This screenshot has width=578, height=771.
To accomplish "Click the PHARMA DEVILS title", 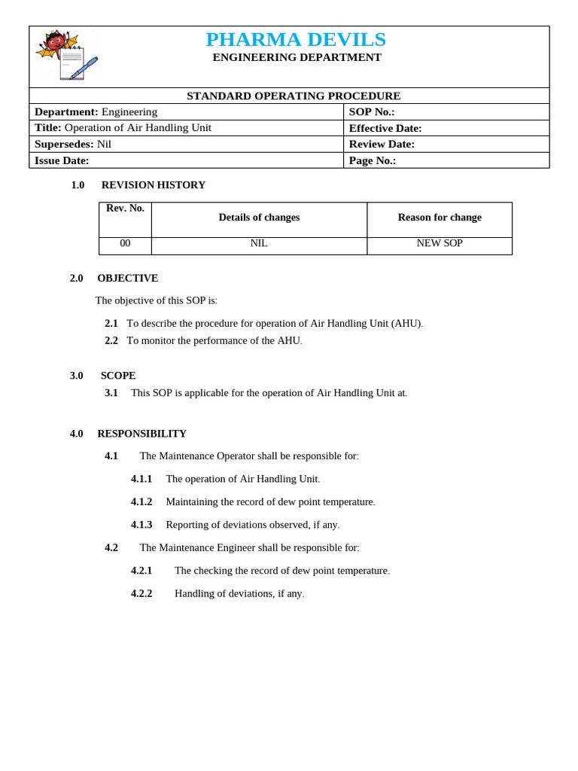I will tap(295, 39).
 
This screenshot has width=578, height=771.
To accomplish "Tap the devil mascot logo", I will tap(66, 55).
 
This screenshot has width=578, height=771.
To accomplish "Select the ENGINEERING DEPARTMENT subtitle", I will tap(297, 58).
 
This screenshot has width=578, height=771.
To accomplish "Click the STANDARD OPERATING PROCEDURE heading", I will tap(294, 96).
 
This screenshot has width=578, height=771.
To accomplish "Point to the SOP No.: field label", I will tap(372, 112).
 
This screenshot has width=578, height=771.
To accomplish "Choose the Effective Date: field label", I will tap(385, 129).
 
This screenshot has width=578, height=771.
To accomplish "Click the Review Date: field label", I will tap(382, 145).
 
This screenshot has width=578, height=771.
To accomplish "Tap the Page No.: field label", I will tap(373, 160).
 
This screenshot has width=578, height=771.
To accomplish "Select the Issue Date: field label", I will tap(62, 160).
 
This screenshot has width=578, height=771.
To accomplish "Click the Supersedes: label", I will tap(64, 145).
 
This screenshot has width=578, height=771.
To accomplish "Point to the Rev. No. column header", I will tap(125, 209).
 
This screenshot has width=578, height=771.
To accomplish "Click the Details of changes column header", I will tap(259, 218).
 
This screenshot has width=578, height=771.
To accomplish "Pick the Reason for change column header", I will tap(440, 218).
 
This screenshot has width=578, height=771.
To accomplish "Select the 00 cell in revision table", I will tap(125, 244).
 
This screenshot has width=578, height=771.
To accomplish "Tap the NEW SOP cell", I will tap(440, 244).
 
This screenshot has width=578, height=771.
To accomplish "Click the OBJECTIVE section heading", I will tap(127, 279).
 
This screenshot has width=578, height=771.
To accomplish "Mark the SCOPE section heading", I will tap(118, 376).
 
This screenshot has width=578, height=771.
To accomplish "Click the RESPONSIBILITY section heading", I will tap(141, 434).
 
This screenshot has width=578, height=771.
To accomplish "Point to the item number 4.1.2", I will tap(141, 502).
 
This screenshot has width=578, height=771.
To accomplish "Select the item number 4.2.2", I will tap(141, 594).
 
